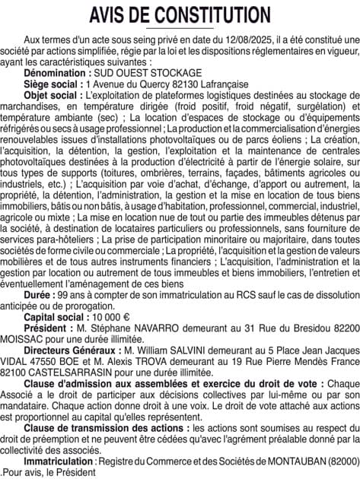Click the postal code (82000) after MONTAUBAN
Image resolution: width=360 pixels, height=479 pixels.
coord(339,461)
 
